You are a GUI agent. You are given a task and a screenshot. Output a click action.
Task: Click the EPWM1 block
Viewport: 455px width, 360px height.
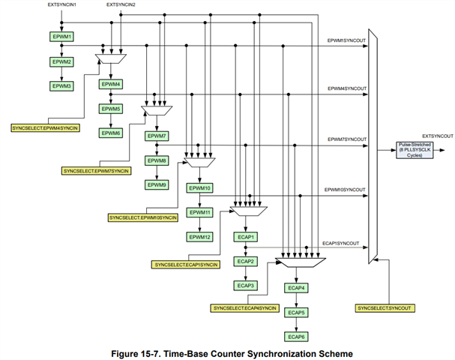point(62,36)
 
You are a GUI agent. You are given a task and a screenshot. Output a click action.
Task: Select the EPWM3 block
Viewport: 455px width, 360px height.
point(62,86)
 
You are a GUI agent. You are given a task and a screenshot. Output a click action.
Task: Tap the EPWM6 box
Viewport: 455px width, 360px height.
point(111,133)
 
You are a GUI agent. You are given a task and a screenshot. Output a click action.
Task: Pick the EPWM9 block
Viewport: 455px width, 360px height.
point(156,184)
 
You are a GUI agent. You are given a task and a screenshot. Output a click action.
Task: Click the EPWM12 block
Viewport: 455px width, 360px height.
point(200,237)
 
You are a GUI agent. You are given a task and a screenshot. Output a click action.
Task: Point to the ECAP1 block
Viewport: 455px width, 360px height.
point(247,237)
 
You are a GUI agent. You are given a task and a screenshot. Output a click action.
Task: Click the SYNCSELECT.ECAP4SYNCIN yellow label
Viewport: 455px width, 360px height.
point(245,308)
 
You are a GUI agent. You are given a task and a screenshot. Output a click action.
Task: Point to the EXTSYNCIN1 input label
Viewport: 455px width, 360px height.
point(61,5)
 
